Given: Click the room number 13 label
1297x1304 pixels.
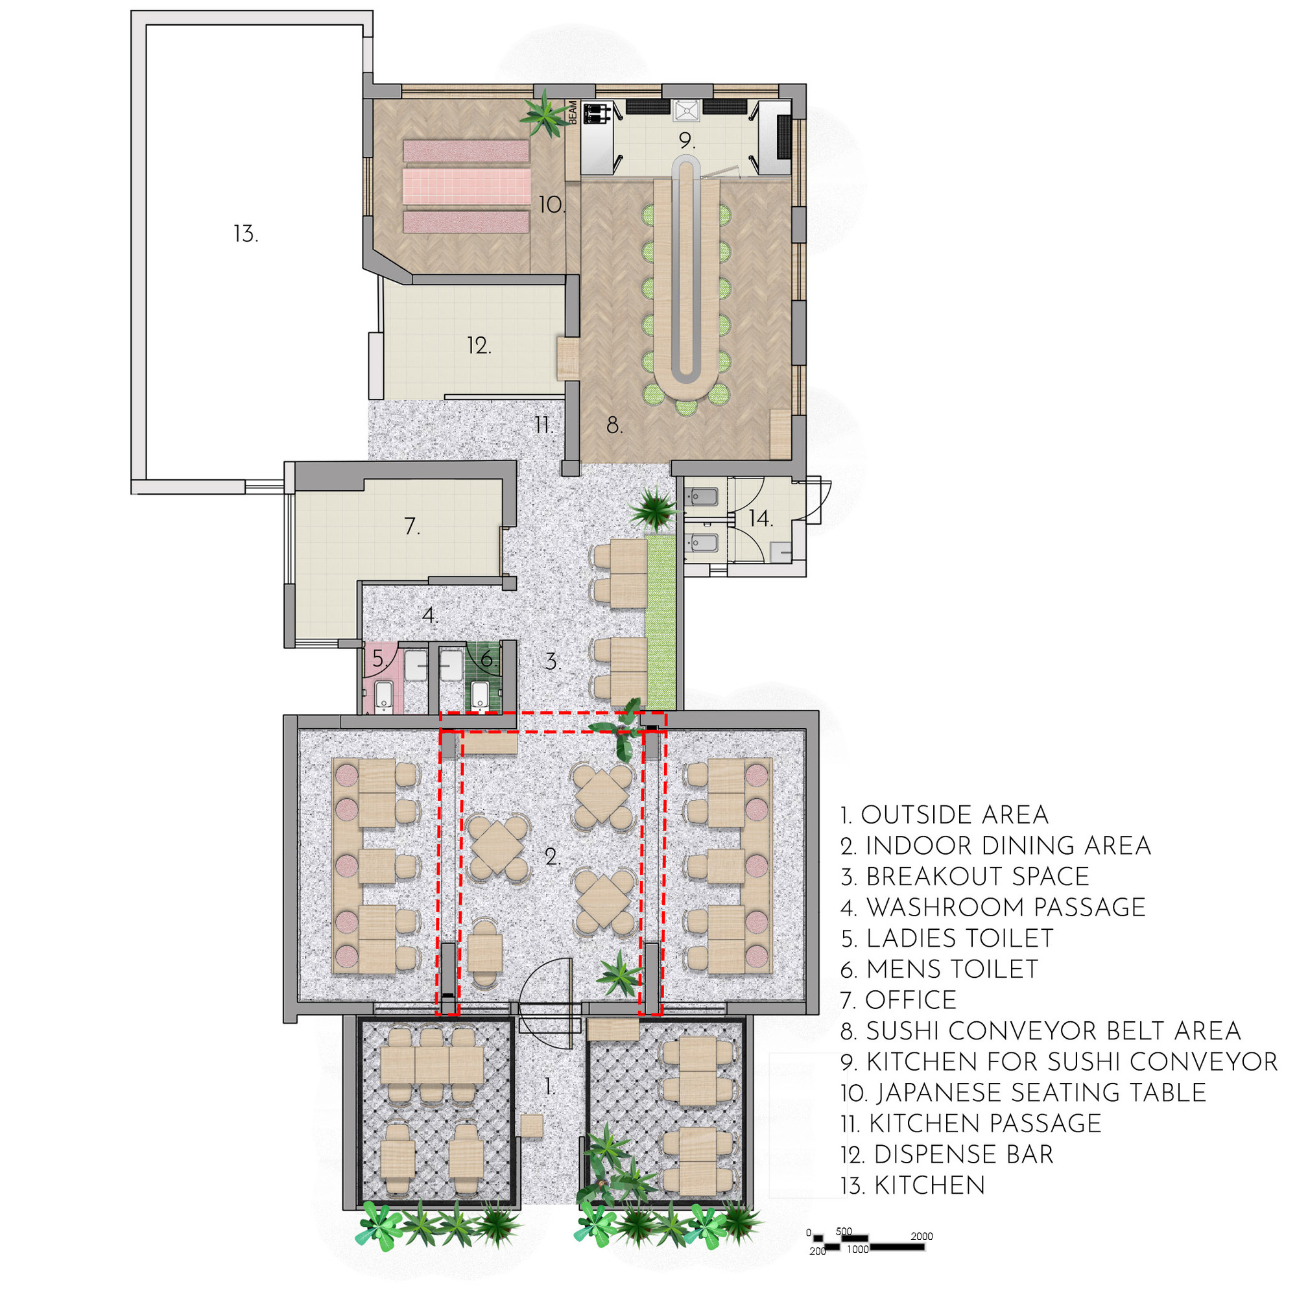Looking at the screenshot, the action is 245,233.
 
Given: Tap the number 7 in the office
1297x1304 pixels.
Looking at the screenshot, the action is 412,526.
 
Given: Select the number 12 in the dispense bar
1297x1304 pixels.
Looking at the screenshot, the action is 479,346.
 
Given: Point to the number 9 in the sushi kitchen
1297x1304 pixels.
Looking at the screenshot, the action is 687,141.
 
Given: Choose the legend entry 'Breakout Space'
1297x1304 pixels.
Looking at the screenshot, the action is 965,876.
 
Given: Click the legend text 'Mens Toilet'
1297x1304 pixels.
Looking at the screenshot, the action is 939,969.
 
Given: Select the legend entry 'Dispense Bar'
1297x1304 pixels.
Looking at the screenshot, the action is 947,1154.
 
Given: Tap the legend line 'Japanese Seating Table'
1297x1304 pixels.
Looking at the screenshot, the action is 1023,1092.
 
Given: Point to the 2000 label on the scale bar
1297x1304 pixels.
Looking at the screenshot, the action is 921,1236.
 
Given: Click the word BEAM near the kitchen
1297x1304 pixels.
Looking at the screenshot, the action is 573,112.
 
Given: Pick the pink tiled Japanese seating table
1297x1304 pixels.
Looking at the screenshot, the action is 466,186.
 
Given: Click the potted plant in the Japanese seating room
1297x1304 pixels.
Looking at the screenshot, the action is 544,115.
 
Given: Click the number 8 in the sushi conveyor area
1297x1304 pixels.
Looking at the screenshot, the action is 613,425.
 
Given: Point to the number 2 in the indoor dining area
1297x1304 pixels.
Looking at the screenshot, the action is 553,857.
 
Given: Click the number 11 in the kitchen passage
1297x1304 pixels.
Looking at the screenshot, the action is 543,425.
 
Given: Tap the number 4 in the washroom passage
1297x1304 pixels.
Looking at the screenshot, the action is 429,615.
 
